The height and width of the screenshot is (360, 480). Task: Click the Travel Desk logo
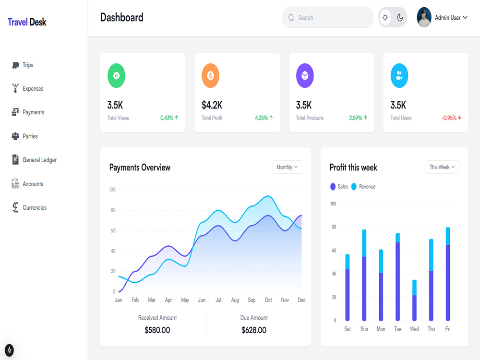point(27,22)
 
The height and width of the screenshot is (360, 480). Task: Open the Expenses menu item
point(27,88)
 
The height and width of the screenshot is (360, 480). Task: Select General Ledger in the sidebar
point(34,160)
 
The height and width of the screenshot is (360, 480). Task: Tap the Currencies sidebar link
point(29,207)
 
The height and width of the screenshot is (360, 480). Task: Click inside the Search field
point(327,17)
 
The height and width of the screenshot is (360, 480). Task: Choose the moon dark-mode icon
point(400,17)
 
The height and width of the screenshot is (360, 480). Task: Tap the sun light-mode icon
point(385,17)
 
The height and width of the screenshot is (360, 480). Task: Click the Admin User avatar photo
point(424,17)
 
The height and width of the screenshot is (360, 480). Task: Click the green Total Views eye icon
point(116,76)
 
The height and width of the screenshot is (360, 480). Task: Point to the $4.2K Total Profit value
point(212,105)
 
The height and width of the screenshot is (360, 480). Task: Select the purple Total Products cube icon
point(305,76)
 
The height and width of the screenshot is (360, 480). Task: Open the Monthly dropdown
point(287,167)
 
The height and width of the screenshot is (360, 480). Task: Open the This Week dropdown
point(443,167)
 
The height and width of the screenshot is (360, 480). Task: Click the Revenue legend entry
point(363,186)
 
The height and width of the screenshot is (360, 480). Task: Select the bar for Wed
point(414,300)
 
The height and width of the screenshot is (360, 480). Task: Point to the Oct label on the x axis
point(268,300)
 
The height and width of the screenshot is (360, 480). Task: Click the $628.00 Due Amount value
point(254,330)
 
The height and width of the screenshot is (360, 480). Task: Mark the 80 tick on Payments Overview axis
point(113,210)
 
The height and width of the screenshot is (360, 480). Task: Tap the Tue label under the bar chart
point(397,329)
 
